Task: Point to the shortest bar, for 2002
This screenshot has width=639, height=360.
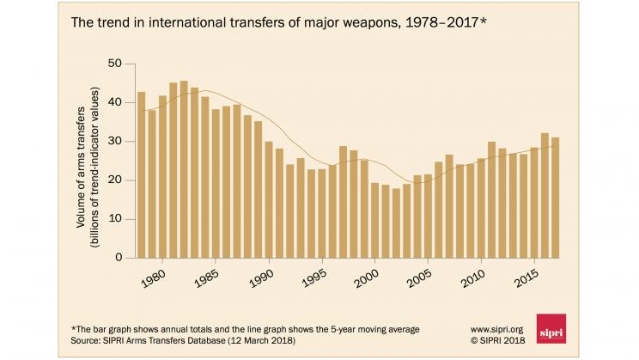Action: (x=396, y=223)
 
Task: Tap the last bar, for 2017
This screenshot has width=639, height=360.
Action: (x=555, y=198)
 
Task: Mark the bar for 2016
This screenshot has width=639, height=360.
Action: (x=545, y=195)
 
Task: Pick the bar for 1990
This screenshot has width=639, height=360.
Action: (x=269, y=199)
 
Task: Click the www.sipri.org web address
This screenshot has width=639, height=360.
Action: (x=499, y=328)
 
